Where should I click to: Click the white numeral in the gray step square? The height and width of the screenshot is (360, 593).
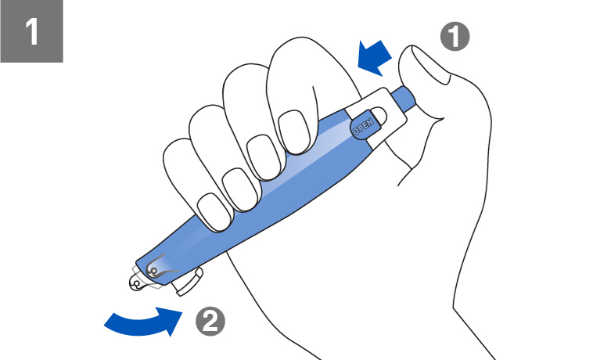pyautogui.click(x=32, y=32)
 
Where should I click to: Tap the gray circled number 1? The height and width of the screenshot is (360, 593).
pyautogui.click(x=455, y=37)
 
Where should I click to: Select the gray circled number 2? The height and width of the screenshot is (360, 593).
pyautogui.click(x=210, y=322)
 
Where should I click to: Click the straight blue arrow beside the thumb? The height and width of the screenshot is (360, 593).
pyautogui.click(x=376, y=58)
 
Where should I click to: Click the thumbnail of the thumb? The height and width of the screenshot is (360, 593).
pyautogui.click(x=431, y=64)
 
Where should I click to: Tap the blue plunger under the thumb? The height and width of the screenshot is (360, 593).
pyautogui.click(x=404, y=99)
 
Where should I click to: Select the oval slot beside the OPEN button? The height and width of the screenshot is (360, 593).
pyautogui.click(x=379, y=115)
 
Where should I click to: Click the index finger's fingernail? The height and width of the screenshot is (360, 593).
pyautogui.click(x=294, y=132)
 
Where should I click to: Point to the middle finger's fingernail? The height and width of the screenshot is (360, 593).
pyautogui.click(x=264, y=157)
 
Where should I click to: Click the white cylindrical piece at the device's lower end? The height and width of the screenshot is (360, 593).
pyautogui.click(x=189, y=281)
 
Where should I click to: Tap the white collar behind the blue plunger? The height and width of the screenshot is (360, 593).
pyautogui.click(x=378, y=117)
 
